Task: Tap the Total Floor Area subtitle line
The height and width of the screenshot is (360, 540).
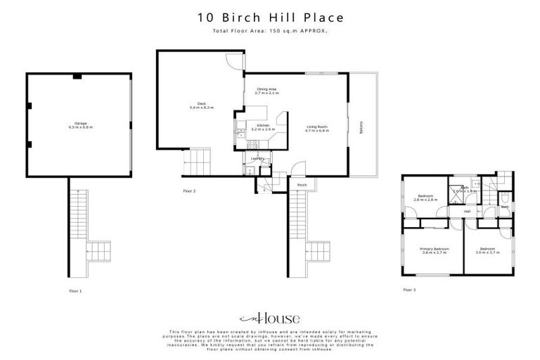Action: click(270, 32)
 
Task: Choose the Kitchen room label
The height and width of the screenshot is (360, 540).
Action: click(263, 128)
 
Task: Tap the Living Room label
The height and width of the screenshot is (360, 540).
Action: click(317, 128)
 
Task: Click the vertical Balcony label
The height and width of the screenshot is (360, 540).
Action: click(361, 127)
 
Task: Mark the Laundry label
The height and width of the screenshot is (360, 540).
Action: click(258, 159)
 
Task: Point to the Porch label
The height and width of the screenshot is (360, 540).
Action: click(302, 186)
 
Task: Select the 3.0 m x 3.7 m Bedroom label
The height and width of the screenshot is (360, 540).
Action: click(489, 250)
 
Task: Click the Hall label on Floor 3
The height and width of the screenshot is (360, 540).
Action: click(466, 211)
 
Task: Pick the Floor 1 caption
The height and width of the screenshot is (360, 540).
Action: click(75, 290)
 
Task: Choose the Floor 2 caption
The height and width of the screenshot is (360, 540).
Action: click(189, 191)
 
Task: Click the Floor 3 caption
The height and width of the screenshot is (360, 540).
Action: click(409, 290)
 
